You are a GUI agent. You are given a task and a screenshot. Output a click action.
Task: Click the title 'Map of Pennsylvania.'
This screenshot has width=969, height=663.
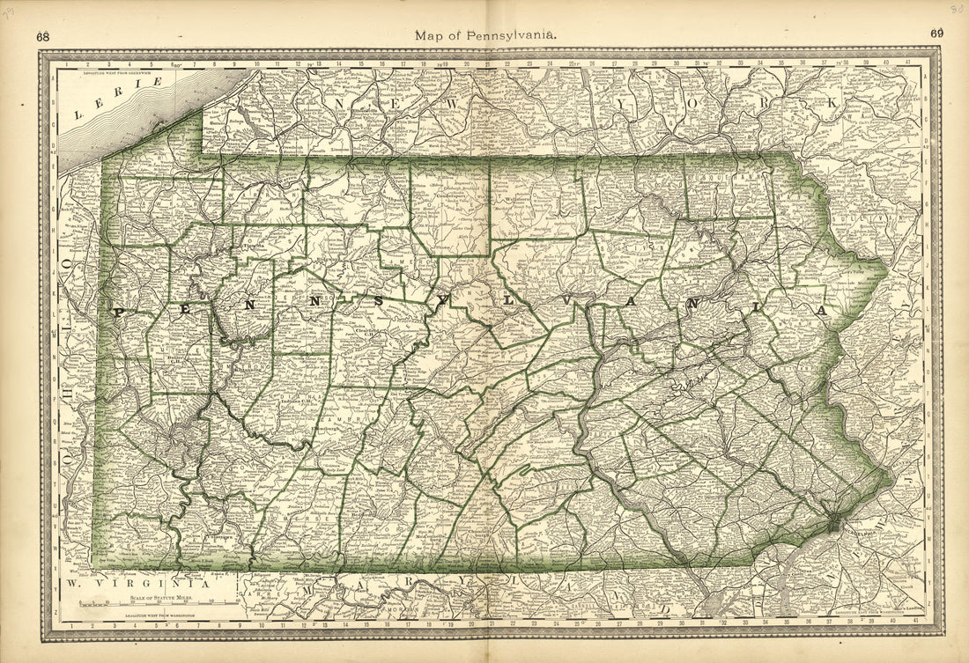484,35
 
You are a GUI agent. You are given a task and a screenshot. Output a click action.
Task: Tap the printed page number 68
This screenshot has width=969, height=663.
43,36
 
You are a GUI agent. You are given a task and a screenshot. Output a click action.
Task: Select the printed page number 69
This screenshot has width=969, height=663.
936,34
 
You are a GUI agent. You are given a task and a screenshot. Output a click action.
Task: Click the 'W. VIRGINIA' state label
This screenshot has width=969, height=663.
137,583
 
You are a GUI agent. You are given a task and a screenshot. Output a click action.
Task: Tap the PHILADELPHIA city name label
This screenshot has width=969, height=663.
851,532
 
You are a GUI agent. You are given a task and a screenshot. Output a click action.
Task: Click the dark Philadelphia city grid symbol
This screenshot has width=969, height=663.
833,523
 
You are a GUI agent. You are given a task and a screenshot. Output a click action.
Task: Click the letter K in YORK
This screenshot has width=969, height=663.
833,102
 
